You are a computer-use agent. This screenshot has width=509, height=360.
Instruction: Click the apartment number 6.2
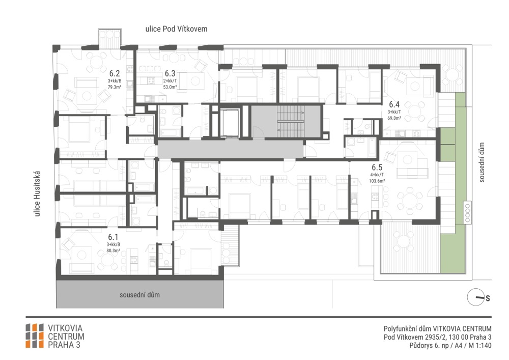pos(115,73)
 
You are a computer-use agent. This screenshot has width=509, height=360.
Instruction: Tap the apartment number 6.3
pos(170,73)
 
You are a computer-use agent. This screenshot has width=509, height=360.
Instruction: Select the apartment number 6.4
pos(394,104)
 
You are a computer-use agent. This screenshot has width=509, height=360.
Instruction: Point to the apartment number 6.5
pos(377,168)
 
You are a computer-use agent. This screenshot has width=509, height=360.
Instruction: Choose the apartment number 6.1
pos(114,237)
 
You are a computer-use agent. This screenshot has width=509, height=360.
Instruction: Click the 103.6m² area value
pos(377,181)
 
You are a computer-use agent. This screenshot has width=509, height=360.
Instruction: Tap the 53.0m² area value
pos(170,87)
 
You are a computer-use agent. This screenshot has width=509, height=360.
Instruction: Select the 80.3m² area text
pos(114,251)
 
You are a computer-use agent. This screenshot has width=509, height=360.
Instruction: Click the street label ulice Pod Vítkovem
pos(176,29)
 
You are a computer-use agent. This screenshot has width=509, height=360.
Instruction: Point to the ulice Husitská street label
pos(37,194)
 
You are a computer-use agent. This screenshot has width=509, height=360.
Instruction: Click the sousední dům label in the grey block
pos(139,295)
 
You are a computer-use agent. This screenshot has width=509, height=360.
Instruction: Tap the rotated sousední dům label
pos(482,162)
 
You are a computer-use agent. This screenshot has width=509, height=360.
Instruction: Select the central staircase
pos(291,121)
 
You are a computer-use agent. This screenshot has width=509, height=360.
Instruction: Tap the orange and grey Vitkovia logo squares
pos(35,336)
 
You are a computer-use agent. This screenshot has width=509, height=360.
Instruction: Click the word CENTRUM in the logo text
pos(66,336)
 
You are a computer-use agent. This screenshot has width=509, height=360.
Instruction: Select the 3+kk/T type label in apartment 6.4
pos(394,112)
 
